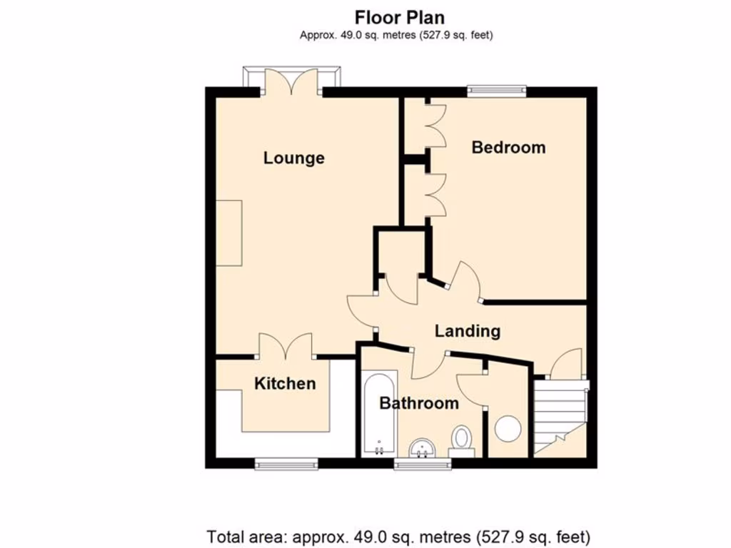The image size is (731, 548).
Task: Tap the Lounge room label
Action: click(293, 158)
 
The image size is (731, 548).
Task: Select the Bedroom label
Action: click(508, 147)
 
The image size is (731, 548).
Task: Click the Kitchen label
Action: click(285, 383)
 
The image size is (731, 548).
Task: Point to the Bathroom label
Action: click(418, 403)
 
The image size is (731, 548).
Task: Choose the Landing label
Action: click(467, 331)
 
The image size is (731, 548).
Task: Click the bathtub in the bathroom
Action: click(378, 414)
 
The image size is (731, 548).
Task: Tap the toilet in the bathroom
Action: click(462, 439)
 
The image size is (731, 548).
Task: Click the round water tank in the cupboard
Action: click(508, 428)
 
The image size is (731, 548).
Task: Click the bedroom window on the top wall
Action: click(497, 91)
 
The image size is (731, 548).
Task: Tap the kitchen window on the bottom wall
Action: click(287, 464)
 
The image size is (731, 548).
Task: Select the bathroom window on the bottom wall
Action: click(423, 464)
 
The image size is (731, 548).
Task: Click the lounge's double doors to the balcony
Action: click(291, 81)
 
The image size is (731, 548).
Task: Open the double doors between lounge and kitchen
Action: click(285, 346)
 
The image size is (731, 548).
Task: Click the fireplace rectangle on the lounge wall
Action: click(229, 233)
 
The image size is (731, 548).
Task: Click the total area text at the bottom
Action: click(398, 536)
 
